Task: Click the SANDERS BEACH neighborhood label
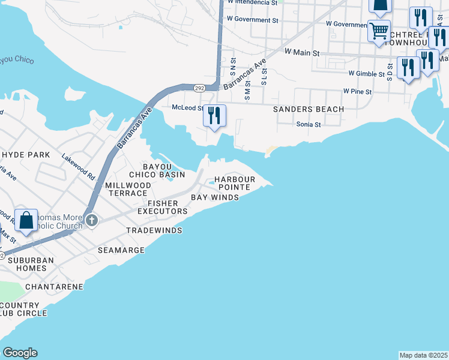coord(309,109)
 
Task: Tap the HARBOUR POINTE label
coord(235,184)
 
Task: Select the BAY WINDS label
coord(215,197)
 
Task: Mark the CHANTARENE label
coord(54,287)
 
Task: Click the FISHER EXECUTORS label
coord(162,208)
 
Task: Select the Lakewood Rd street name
coord(79,167)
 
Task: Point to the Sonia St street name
coord(309,124)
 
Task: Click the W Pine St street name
coord(358,92)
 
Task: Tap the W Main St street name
coord(302,52)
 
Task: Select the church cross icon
coord(91,220)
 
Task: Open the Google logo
coord(20,353)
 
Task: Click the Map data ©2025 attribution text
coord(424,355)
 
